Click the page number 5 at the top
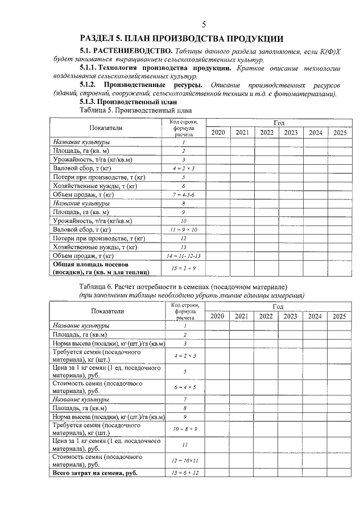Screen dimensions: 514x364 pyautogui.click(x=204, y=24)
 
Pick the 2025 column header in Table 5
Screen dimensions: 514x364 pyautogui.click(x=340, y=132)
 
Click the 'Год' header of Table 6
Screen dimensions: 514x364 pyautogui.click(x=278, y=307)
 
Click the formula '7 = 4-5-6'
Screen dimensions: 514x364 pyautogui.click(x=184, y=194)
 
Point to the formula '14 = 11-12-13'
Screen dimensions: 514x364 pyautogui.click(x=184, y=256)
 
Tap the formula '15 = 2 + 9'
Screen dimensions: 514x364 pyautogui.click(x=184, y=268)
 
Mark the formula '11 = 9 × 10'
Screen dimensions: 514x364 pyautogui.click(x=184, y=229)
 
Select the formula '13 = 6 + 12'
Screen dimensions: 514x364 pyautogui.click(x=184, y=473)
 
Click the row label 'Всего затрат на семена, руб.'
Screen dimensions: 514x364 pyautogui.click(x=96, y=473)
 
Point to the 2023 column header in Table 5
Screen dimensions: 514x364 pyautogui.click(x=291, y=132)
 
